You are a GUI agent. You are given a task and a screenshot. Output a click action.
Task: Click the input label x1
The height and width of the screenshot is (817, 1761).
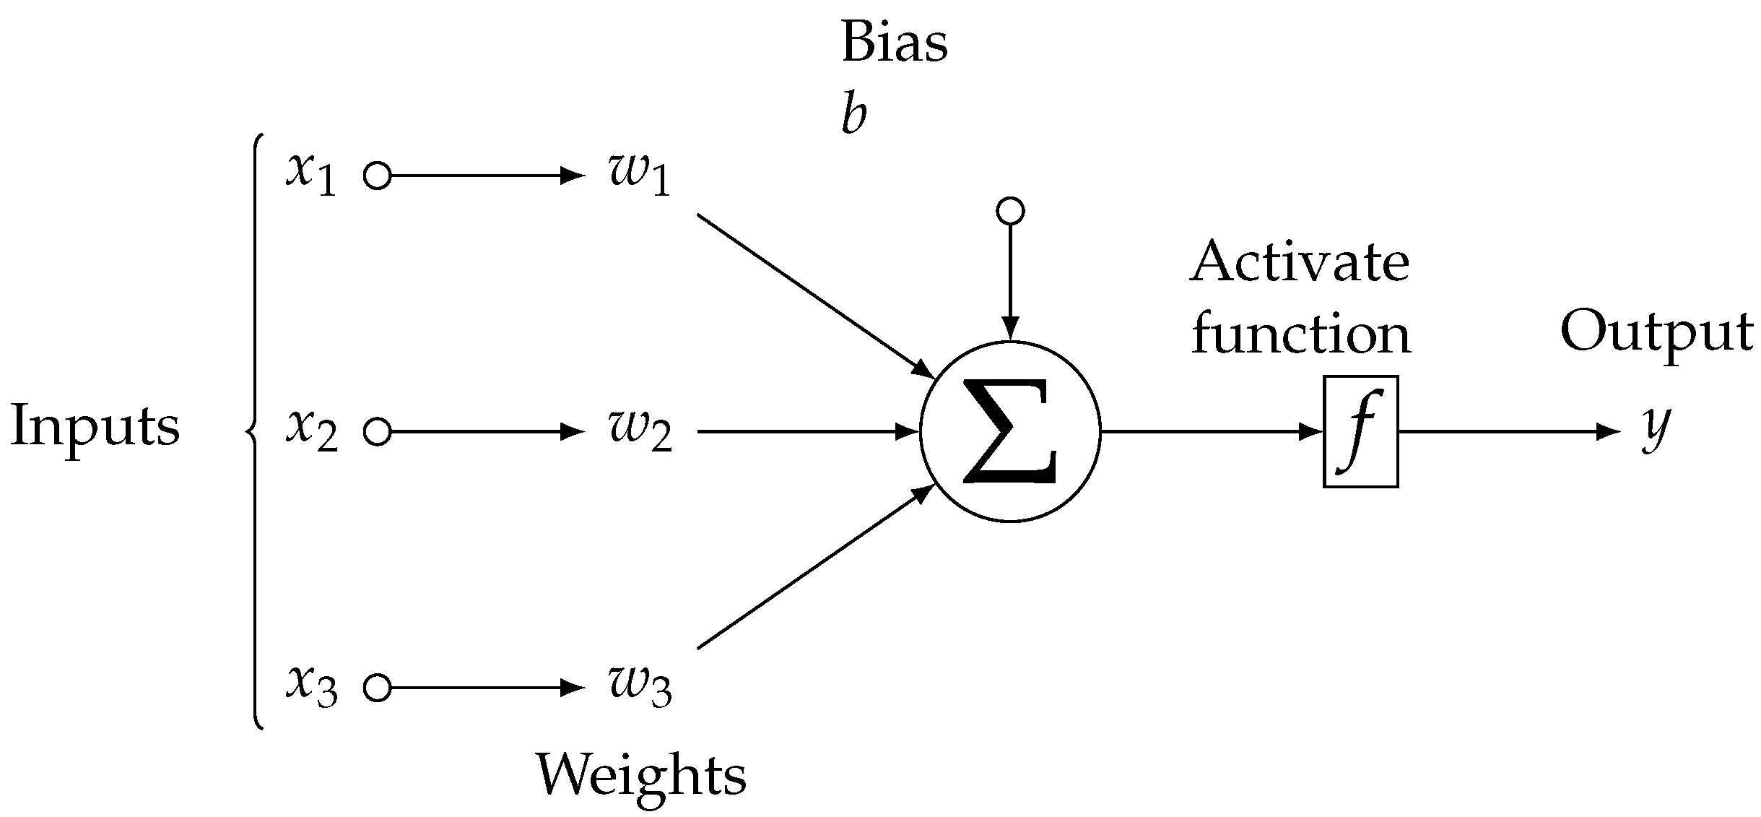click(x=311, y=176)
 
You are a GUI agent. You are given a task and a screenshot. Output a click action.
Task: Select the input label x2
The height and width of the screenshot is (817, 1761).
click(x=311, y=432)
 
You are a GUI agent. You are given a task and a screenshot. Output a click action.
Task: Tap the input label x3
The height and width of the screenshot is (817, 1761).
click(x=311, y=688)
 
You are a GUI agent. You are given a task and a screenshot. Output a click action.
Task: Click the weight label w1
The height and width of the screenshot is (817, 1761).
click(x=640, y=176)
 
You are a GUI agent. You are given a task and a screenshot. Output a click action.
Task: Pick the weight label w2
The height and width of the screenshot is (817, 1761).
click(x=640, y=432)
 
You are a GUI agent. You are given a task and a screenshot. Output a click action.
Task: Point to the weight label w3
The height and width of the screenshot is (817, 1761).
click(x=640, y=688)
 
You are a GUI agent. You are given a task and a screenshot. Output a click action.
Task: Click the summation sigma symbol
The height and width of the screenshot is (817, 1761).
click(x=1009, y=432)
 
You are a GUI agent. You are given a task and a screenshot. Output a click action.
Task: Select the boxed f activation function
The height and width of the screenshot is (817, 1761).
click(x=1360, y=432)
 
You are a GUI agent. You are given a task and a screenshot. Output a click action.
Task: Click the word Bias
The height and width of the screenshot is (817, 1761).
click(x=894, y=43)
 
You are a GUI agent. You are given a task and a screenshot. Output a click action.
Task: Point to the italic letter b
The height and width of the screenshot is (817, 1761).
click(x=853, y=116)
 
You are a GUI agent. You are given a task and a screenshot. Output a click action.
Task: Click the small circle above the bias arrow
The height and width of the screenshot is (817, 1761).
click(x=1009, y=211)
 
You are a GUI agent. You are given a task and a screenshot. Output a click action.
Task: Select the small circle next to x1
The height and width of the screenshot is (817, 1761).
click(x=377, y=176)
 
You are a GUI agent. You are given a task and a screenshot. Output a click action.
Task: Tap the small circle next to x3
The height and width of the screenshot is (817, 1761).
click(x=377, y=688)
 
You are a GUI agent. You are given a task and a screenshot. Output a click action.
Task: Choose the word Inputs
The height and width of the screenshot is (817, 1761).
click(x=95, y=426)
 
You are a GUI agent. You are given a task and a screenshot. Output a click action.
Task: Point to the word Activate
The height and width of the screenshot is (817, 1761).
click(x=1300, y=263)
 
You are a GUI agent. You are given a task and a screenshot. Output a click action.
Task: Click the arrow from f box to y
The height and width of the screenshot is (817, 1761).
click(x=1509, y=432)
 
